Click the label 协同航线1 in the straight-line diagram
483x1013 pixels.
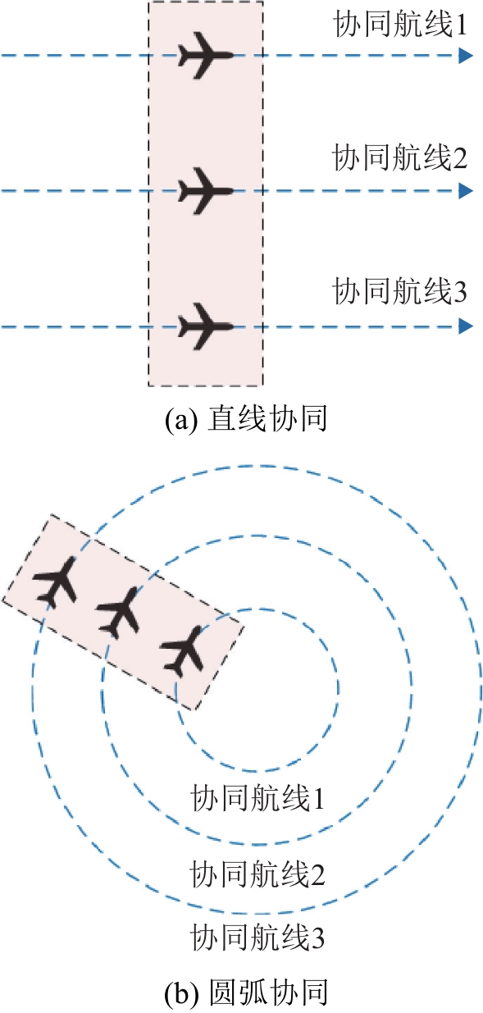click(x=400, y=24)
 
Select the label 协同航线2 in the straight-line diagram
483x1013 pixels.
click(x=400, y=157)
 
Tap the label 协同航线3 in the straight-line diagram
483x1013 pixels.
click(x=400, y=291)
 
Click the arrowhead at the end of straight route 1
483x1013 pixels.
click(x=466, y=56)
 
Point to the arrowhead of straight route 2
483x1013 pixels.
click(x=466, y=191)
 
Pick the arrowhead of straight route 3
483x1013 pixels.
click(x=466, y=326)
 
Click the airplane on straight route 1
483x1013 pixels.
click(x=206, y=56)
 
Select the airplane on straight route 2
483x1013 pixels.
click(x=206, y=191)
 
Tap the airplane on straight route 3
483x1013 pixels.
click(x=206, y=326)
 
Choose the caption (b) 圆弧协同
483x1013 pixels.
click(x=245, y=993)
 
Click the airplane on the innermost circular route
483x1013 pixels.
click(x=182, y=650)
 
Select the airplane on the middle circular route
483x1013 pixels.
click(x=118, y=613)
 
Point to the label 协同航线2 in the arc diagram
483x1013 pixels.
click(x=257, y=874)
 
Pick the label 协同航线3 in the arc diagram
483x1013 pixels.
click(x=257, y=938)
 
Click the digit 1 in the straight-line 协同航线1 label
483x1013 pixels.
click(x=461, y=25)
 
